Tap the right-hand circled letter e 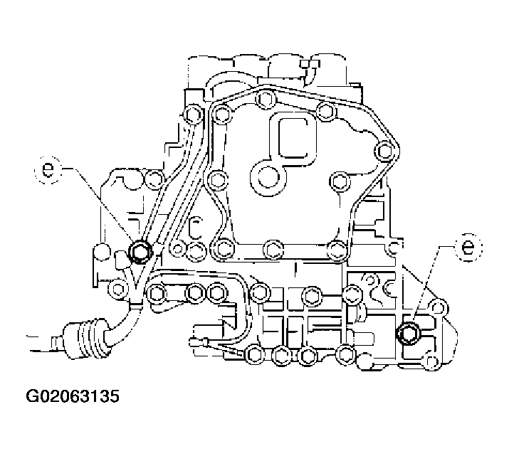(x=466, y=247)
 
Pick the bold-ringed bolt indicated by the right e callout (x=409, y=332)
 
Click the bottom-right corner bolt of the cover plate (x=337, y=248)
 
